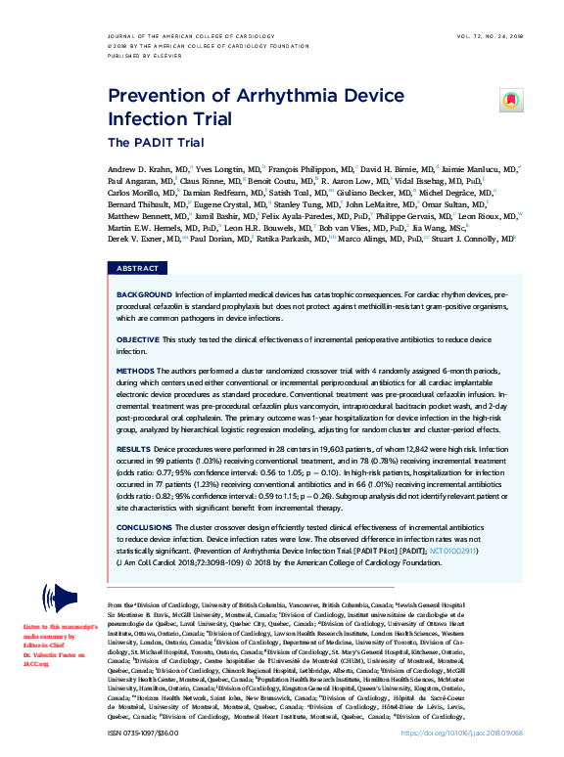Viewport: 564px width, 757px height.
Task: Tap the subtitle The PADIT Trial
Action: click(x=149, y=143)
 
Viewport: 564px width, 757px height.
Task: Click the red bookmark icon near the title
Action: click(x=509, y=100)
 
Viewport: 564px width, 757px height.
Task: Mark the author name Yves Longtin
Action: click(x=224, y=169)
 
